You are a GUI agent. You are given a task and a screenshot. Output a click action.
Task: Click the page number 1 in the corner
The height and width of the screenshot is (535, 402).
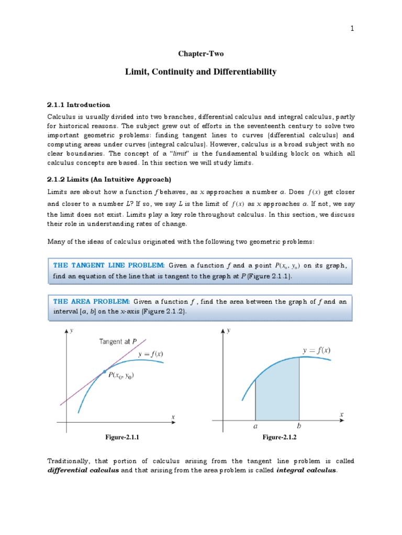point(353,29)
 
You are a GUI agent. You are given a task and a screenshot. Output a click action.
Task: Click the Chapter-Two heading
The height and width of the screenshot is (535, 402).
point(200,54)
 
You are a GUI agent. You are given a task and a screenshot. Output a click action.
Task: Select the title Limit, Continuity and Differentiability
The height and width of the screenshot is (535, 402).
point(200,72)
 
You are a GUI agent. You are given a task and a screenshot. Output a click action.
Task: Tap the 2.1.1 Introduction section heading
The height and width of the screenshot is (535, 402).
point(79,104)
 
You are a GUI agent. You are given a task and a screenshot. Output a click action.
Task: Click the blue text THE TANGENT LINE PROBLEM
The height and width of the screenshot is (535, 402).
point(109,265)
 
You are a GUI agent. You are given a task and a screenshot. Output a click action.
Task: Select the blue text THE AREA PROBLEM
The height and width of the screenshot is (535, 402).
point(92,301)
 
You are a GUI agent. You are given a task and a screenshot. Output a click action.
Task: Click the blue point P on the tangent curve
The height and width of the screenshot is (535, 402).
point(104,371)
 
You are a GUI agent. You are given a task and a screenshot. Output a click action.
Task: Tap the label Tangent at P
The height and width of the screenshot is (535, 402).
point(118,342)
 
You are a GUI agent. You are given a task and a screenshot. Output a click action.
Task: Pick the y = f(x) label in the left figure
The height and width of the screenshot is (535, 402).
point(151,354)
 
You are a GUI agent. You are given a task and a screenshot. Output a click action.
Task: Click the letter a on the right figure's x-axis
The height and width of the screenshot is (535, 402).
point(255,426)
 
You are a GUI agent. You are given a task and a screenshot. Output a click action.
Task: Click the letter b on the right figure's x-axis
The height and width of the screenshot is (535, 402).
point(299,426)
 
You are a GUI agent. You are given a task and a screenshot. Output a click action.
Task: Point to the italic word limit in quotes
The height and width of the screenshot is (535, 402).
point(167,154)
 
